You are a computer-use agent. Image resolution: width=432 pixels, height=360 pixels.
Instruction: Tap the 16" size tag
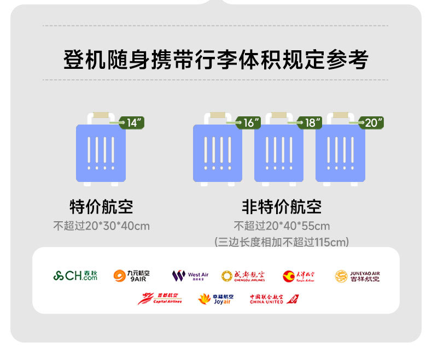coord(250,123)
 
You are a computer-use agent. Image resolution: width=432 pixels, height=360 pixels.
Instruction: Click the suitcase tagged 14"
coord(101,153)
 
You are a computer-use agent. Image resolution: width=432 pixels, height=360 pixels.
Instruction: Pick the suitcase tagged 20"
coord(340,153)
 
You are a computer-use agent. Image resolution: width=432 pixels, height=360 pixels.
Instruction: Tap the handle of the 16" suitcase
coord(218,116)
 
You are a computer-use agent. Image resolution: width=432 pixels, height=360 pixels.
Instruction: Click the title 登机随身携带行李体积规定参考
coord(215,60)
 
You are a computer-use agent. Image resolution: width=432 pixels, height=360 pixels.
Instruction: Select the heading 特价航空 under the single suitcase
coord(101,207)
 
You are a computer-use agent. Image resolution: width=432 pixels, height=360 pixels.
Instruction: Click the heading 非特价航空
coord(282,207)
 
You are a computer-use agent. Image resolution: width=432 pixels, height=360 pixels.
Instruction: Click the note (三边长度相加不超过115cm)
coord(282,242)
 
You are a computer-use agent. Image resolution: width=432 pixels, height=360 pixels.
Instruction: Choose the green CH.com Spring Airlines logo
coord(75,276)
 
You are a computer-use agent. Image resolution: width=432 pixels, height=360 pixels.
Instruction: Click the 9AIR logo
coord(132,276)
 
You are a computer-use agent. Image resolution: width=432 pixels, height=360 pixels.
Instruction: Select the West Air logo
coord(190,276)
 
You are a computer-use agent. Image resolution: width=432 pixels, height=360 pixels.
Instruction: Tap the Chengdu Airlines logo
coord(243,276)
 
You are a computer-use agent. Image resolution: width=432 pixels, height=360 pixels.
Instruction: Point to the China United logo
coord(274,299)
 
